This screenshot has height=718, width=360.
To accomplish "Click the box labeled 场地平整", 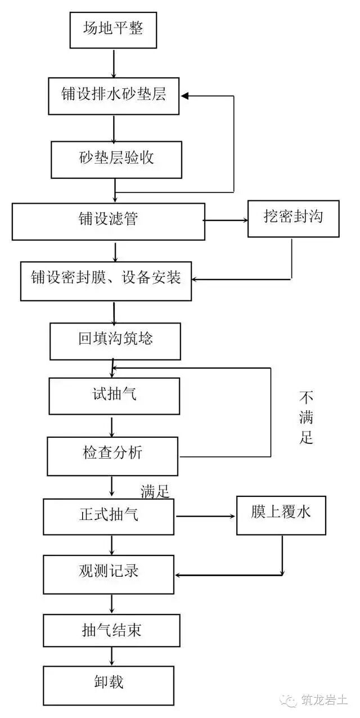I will click(112, 29).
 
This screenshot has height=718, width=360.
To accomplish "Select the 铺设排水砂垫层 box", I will click(114, 96).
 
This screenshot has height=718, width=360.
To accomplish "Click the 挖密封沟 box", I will click(293, 218).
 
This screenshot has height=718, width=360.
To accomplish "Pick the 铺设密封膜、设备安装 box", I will click(106, 280).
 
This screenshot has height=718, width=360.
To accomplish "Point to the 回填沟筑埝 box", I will click(115, 341).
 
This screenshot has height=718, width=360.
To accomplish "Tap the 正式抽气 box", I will click(109, 517).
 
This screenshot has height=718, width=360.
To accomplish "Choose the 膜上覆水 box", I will click(281, 515).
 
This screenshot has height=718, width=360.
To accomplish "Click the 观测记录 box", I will click(109, 574).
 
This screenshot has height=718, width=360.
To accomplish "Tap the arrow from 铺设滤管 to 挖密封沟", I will click(225, 220).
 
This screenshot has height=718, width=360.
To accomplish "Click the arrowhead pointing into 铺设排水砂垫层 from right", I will click(186, 96).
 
